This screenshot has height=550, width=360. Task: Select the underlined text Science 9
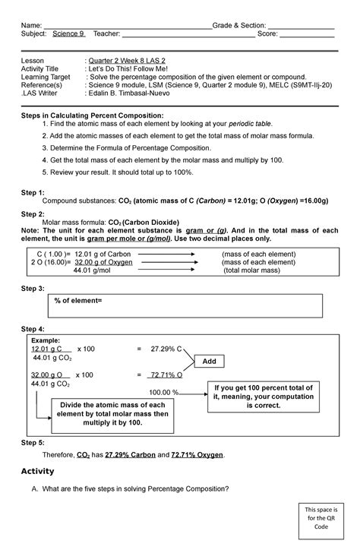point(69,34)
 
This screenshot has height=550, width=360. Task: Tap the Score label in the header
point(268,34)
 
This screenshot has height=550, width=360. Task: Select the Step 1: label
point(33,193)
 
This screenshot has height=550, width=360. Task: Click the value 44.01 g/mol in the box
point(91,270)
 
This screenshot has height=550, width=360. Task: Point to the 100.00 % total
point(163,392)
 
